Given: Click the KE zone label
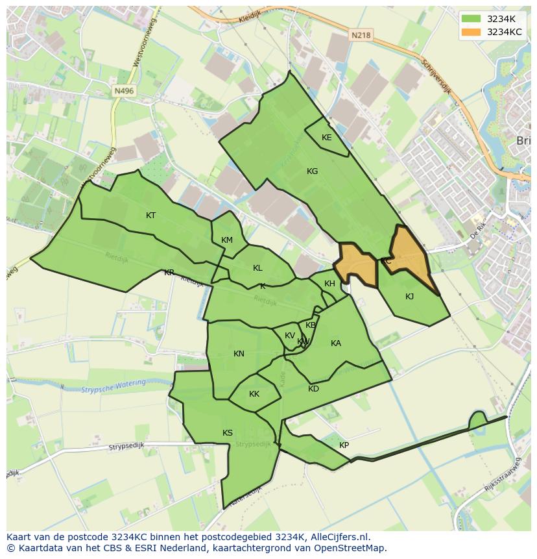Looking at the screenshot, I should tap(326, 138).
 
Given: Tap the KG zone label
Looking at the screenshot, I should tap(312, 171).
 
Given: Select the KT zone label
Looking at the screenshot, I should tap(150, 216).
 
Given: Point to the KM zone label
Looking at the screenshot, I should tap(226, 240).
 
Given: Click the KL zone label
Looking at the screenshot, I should tap(257, 268).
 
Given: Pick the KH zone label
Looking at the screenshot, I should tap(329, 284).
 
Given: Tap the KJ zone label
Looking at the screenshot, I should tap(409, 297).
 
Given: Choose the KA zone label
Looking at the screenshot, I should tap(335, 343).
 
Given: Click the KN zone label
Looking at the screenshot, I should tap(239, 354).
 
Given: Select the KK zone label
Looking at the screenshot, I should tap(254, 394).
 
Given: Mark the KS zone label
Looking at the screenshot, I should tap(228, 433).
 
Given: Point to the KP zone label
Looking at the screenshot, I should tap(344, 445).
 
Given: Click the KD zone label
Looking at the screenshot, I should tap(313, 389).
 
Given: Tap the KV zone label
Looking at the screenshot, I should tap(289, 336).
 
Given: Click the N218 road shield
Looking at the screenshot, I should tap(362, 36).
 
